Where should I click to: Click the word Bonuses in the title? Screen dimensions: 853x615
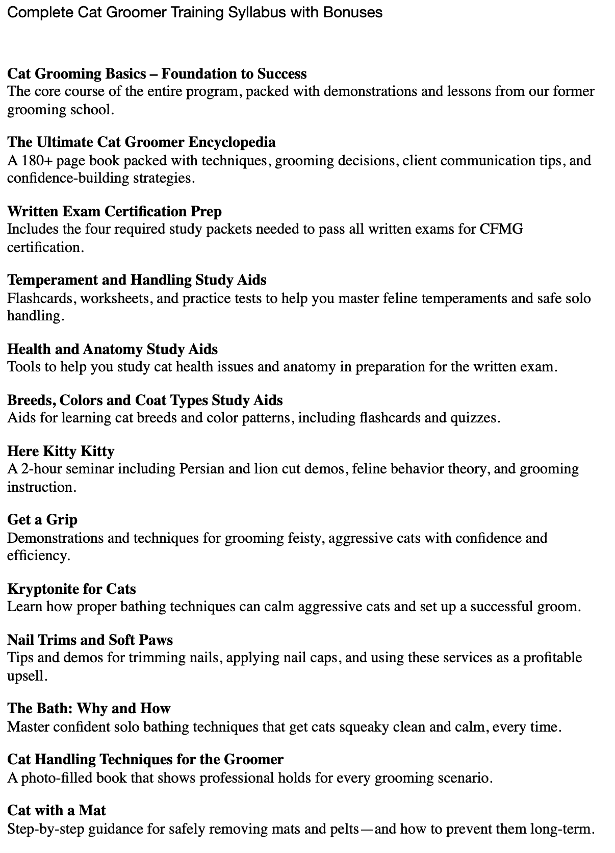click(352, 12)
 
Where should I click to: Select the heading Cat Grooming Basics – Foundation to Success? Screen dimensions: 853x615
click(157, 74)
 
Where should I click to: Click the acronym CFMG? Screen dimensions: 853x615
click(501, 229)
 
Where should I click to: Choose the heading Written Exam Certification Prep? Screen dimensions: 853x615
click(115, 211)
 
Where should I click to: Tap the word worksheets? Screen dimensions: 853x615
click(115, 298)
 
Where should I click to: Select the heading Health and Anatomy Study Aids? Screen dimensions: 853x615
click(113, 349)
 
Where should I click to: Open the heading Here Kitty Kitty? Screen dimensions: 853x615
click(61, 451)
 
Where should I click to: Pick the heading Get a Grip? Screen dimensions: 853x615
click(42, 519)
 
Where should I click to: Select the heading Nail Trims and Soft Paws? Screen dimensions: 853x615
click(90, 640)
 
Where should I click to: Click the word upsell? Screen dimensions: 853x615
click(26, 676)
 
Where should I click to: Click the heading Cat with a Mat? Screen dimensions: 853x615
click(57, 810)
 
